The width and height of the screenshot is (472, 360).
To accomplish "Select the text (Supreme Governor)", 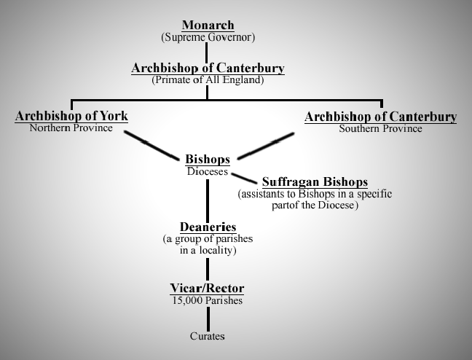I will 208,36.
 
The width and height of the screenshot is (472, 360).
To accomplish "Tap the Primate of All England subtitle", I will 208,79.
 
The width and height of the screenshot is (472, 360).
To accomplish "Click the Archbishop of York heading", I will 71,117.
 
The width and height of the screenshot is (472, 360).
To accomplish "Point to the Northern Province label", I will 71,128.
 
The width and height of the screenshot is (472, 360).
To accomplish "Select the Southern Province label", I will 380,128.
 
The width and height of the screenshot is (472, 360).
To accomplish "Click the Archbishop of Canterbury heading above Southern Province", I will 380,117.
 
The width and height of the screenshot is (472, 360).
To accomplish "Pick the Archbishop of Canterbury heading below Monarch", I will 208,68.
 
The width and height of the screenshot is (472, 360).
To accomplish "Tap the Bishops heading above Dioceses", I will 208,159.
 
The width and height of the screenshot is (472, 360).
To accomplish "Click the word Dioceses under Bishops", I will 208,172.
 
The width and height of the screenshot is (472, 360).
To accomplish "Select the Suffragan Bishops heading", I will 315,181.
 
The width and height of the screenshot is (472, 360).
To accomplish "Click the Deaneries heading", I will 208,227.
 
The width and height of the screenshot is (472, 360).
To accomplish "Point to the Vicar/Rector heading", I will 208,289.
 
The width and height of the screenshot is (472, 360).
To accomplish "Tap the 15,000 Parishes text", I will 208,300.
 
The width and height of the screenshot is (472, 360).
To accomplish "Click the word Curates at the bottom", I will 208,336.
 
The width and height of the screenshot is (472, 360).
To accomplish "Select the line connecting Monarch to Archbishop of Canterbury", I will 208,52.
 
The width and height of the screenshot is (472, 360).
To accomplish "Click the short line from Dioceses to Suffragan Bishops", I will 244,177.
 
